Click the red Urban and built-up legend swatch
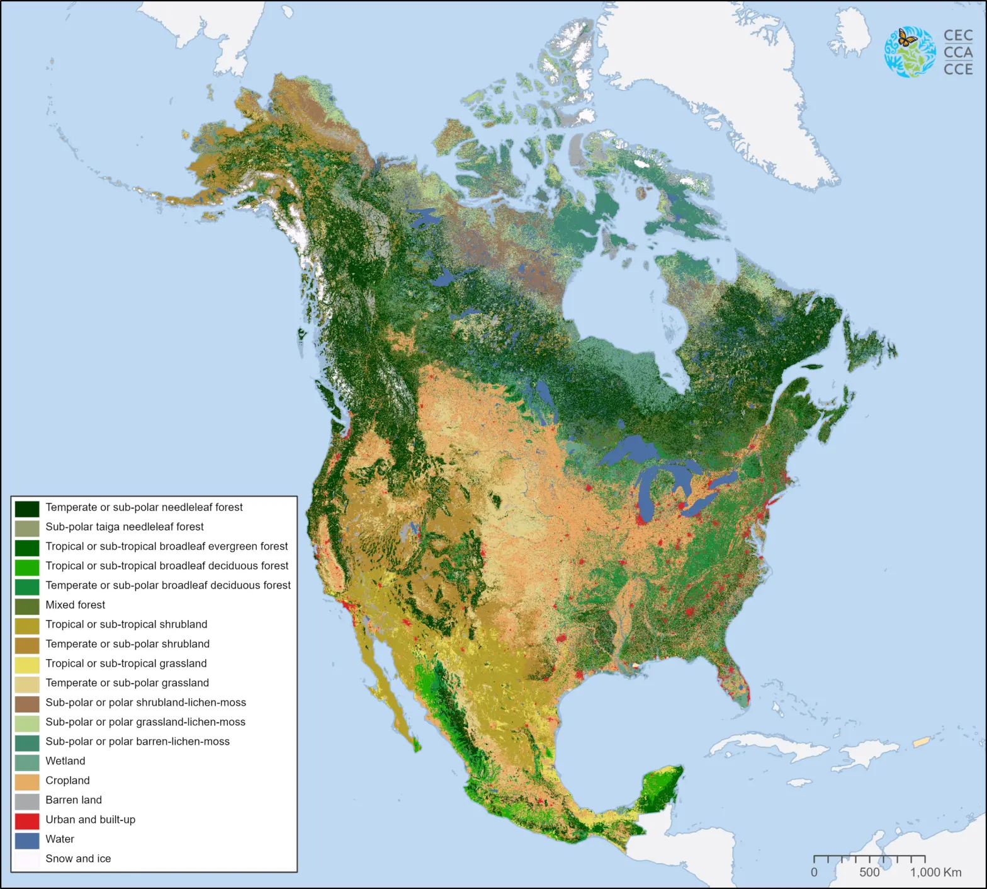pyautogui.click(x=27, y=820)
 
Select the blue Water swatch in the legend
pyautogui.click(x=27, y=840)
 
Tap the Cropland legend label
pyautogui.click(x=67, y=781)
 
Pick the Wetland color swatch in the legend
pyautogui.click(x=27, y=762)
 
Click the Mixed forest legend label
pyautogui.click(x=75, y=605)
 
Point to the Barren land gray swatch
pyautogui.click(x=27, y=801)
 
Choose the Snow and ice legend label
pyautogui.click(x=78, y=859)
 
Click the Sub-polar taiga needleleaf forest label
pyautogui.click(x=125, y=527)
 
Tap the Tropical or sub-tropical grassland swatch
pyautogui.click(x=27, y=664)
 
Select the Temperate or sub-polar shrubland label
pyautogui.click(x=127, y=644)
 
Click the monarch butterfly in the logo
pyautogui.click(x=906, y=38)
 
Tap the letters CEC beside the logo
pyautogui.click(x=958, y=36)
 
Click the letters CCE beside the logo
pyautogui.click(x=958, y=69)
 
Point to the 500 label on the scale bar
pyautogui.click(x=869, y=873)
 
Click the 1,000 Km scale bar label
pyautogui.click(x=935, y=873)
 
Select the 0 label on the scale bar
pyautogui.click(x=814, y=873)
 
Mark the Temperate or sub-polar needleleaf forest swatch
pyautogui.click(x=27, y=508)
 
